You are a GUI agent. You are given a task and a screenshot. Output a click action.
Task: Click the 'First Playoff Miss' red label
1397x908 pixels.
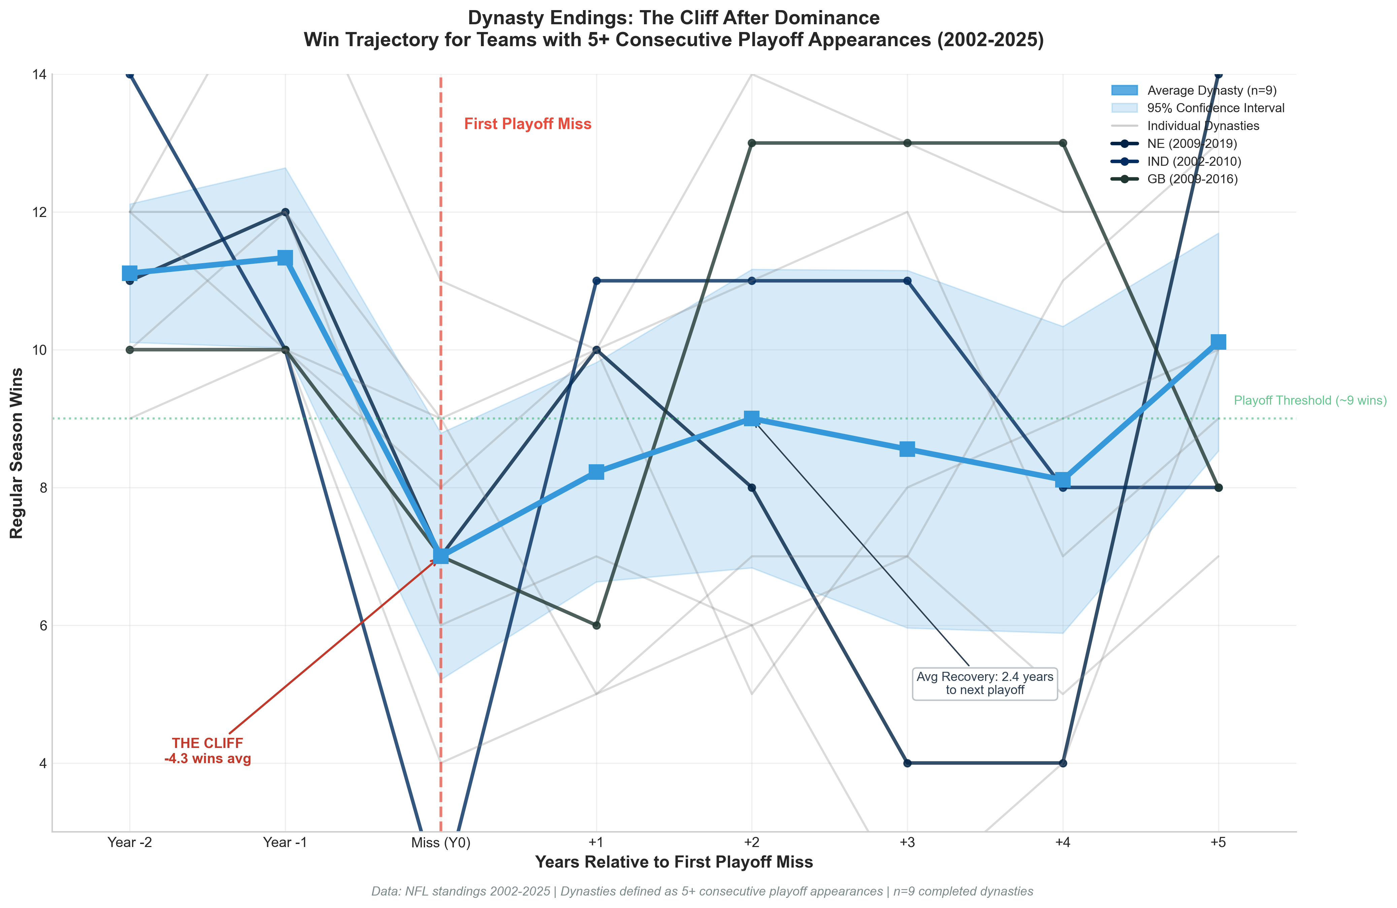coord(527,124)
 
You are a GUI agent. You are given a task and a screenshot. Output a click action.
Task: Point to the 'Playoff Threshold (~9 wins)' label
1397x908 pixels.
coord(1309,401)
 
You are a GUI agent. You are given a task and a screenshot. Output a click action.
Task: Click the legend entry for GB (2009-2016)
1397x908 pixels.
coord(1192,179)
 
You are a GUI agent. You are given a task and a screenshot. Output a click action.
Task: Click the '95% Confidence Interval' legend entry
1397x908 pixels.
coord(1215,108)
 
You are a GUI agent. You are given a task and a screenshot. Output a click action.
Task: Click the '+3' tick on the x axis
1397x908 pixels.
coord(907,843)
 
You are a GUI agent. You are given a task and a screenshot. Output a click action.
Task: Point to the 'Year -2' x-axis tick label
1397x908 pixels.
coord(130,843)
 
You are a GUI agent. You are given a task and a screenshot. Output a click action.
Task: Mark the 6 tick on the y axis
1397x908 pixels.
coord(42,626)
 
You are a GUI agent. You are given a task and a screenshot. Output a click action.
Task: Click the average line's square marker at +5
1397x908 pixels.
coord(1218,342)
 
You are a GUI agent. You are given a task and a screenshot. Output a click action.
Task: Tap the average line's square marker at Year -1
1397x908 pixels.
coord(285,258)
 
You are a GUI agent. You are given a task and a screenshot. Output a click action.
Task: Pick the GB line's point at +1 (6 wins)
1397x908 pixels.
coord(596,626)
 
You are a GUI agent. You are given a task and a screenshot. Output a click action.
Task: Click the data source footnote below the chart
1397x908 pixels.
coord(702,891)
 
